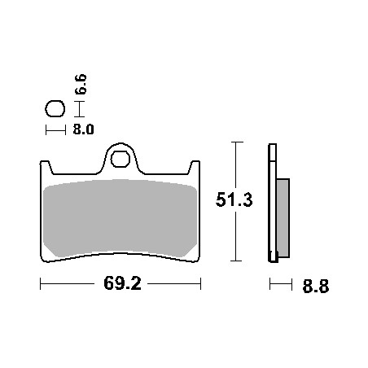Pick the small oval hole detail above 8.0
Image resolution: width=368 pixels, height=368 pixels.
point(55,108)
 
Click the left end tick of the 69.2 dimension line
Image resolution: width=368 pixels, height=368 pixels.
point(42,285)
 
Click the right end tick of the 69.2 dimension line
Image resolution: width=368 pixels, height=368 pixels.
point(200,285)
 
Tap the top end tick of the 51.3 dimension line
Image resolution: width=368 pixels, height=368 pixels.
point(235,142)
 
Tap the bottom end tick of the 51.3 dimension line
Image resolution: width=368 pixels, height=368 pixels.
point(235,261)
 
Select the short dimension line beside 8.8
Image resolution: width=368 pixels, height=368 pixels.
point(280,285)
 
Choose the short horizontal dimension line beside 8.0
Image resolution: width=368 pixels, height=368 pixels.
point(55,129)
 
